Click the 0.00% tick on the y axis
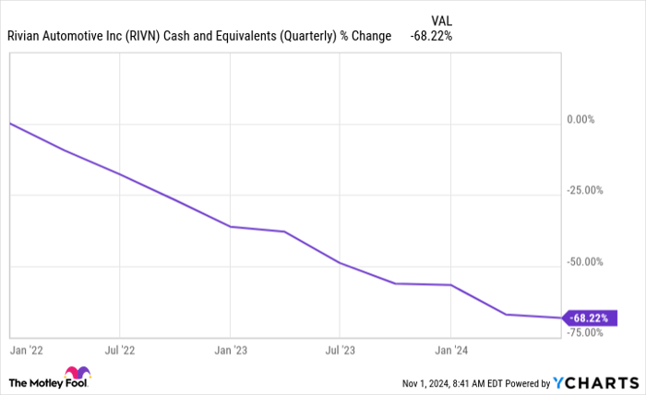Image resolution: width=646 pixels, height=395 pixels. [x=587, y=119]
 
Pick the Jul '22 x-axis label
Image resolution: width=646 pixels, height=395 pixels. [x=120, y=351]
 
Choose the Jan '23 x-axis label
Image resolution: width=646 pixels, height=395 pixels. [x=230, y=351]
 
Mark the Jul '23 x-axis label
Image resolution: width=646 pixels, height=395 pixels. [x=340, y=351]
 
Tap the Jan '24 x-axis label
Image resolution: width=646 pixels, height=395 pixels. [x=450, y=351]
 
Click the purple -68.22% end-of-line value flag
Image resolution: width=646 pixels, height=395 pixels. [x=591, y=318]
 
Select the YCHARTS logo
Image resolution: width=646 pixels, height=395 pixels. [x=594, y=382]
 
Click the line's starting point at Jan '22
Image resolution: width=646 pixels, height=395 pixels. [x=9, y=123]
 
